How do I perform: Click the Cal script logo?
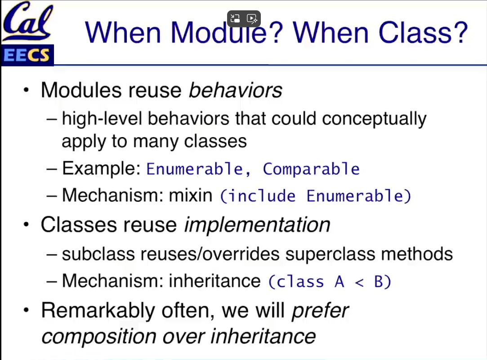tap(27, 21)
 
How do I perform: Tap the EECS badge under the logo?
tap(27, 55)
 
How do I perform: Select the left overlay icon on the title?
tap(236, 18)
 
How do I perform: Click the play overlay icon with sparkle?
tap(252, 19)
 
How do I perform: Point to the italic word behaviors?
tap(236, 90)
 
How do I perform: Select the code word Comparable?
tap(311, 169)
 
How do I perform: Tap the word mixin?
tap(191, 195)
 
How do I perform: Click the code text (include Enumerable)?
tap(316, 196)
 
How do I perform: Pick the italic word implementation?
tap(257, 225)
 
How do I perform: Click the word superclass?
tap(331, 254)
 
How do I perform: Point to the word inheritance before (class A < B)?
tap(214, 281)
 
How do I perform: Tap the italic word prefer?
tap(320, 311)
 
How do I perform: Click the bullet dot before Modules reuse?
tap(26, 90)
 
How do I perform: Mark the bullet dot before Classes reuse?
tap(26, 224)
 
